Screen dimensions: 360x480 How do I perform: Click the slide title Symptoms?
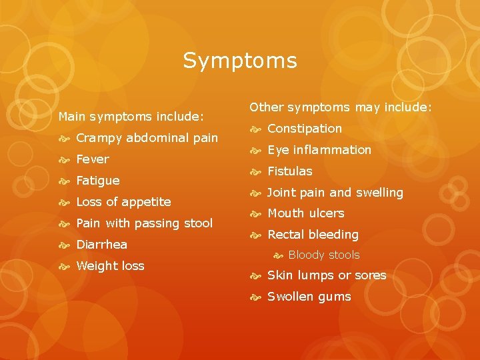pyautogui.click(x=240, y=61)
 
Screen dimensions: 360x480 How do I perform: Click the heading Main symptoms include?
pyautogui.click(x=131, y=117)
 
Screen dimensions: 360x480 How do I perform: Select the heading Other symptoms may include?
pyautogui.click(x=341, y=107)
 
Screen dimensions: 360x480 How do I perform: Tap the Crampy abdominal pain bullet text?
pyautogui.click(x=147, y=138)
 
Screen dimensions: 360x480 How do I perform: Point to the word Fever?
pyautogui.click(x=93, y=159)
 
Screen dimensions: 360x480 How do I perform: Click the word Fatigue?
pyautogui.click(x=98, y=181)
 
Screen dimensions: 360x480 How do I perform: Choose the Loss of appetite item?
pyautogui.click(x=123, y=202)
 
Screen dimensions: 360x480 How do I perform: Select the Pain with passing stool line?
pyautogui.click(x=144, y=223)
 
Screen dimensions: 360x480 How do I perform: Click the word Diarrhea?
pyautogui.click(x=101, y=245)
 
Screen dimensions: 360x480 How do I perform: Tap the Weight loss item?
pyautogui.click(x=110, y=266)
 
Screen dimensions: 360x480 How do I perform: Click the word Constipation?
pyautogui.click(x=304, y=129)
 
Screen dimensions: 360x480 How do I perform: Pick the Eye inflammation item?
pyautogui.click(x=319, y=150)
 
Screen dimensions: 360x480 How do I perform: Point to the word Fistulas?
pyautogui.click(x=289, y=171)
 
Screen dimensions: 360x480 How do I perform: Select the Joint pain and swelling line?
pyautogui.click(x=335, y=193)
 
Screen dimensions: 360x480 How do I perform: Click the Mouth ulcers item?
pyautogui.click(x=305, y=213)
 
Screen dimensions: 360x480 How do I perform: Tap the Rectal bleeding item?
pyautogui.click(x=313, y=235)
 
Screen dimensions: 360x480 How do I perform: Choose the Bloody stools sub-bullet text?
pyautogui.click(x=323, y=255)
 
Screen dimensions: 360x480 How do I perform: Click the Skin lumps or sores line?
pyautogui.click(x=327, y=275)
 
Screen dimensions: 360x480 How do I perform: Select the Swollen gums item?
pyautogui.click(x=309, y=297)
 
